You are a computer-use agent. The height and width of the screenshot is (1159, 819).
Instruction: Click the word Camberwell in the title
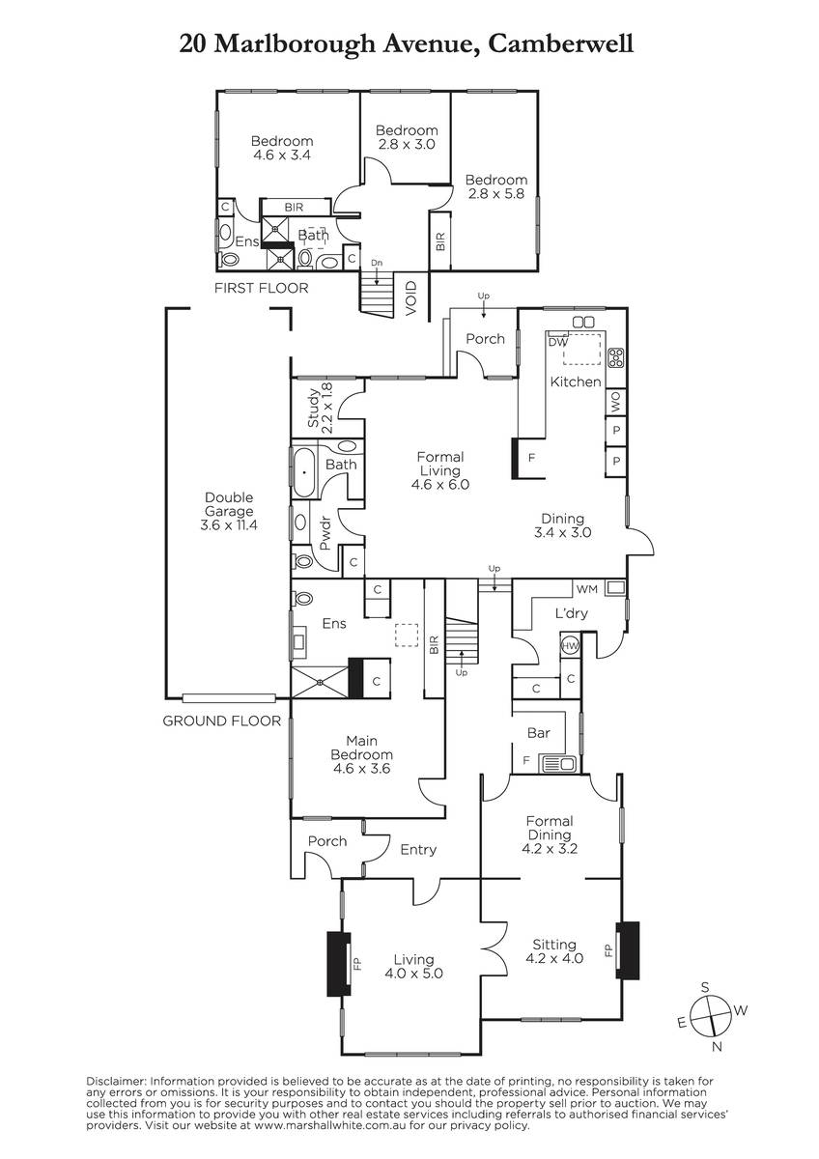coord(560,43)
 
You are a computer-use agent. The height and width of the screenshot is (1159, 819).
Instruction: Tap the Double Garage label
coord(229,511)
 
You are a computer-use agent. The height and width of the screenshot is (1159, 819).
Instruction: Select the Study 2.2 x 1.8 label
coord(321,408)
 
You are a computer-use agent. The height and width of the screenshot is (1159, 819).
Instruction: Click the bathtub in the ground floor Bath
coord(304,472)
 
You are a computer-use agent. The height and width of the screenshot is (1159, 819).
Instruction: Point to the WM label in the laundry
coord(586,589)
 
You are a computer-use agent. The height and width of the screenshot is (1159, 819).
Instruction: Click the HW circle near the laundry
coord(570,646)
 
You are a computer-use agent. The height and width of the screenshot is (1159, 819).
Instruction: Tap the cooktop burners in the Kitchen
coord(615,358)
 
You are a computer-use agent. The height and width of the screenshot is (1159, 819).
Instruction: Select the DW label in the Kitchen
coord(557,342)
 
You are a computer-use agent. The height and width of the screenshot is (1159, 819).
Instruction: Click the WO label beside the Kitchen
coord(615,402)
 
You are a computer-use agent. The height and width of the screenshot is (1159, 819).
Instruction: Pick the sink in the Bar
coord(557,763)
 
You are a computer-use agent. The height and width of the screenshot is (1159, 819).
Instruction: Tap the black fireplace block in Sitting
coord(628,950)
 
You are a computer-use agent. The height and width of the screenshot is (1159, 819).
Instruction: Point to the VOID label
coord(410,298)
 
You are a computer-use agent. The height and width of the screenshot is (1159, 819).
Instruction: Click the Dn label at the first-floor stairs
coord(377,263)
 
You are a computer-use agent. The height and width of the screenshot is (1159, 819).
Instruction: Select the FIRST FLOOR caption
coord(262,288)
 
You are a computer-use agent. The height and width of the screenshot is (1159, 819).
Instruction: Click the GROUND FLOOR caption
coord(222,721)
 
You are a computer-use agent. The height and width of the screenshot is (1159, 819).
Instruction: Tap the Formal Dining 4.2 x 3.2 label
coord(550,834)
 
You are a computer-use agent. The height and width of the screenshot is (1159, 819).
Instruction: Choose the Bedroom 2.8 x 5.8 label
coord(496,186)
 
